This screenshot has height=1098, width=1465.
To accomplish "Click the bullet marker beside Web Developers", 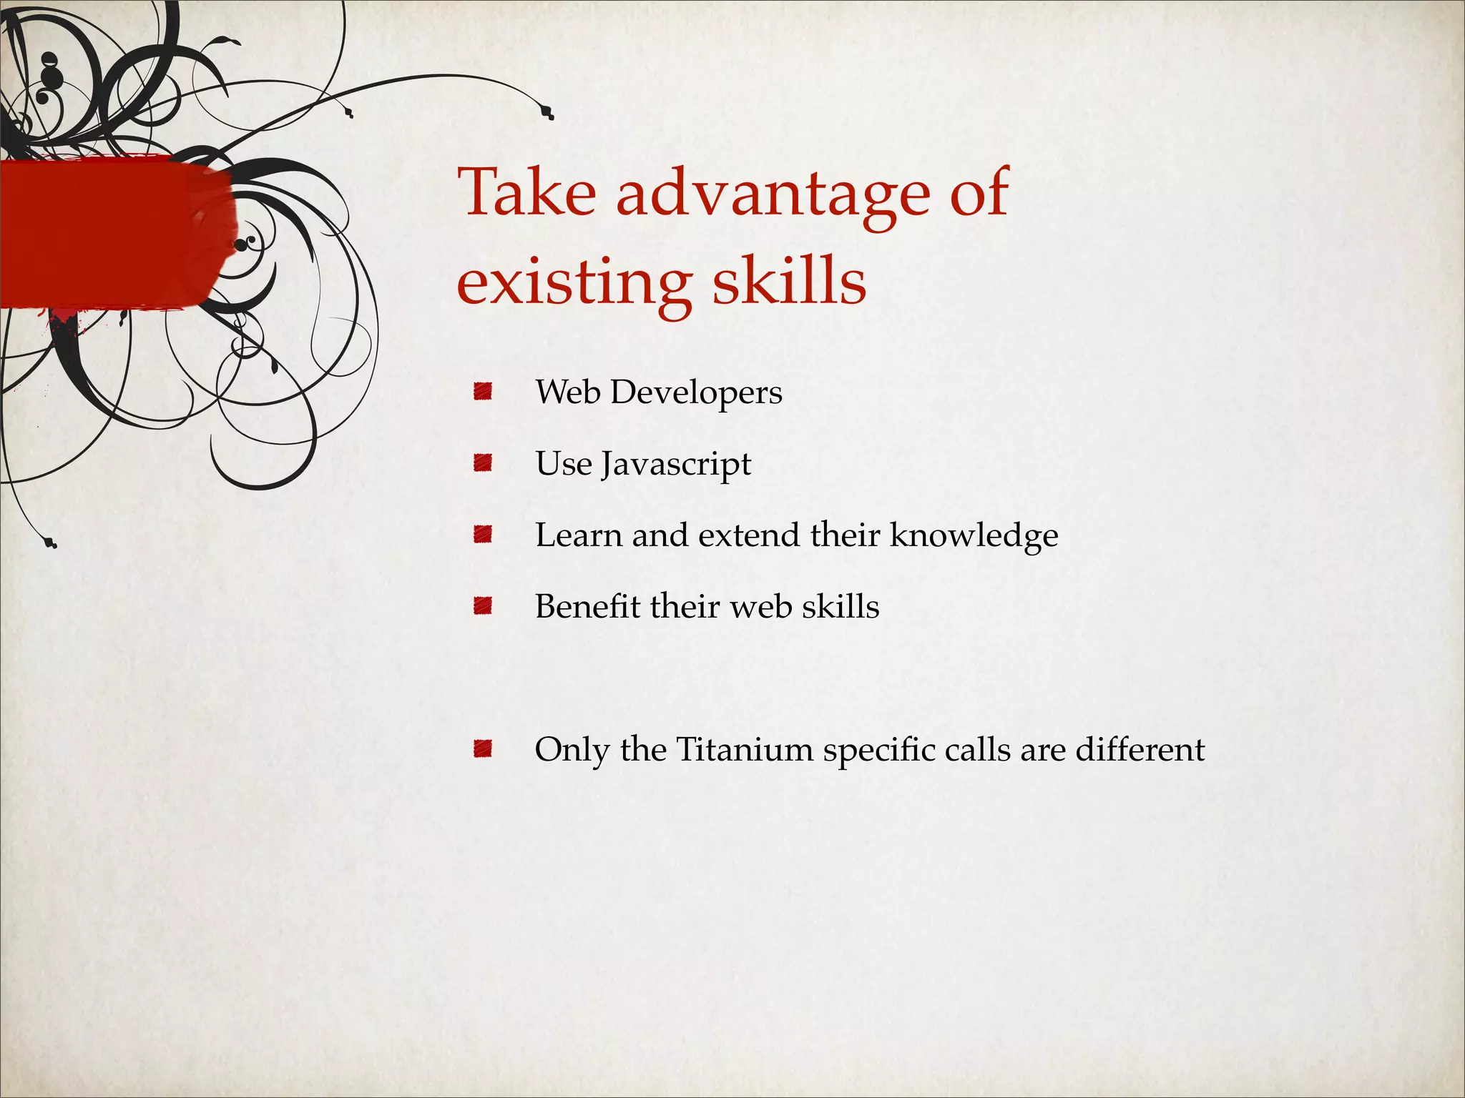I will click(x=483, y=392).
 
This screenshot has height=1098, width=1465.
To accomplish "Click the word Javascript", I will click(x=676, y=465).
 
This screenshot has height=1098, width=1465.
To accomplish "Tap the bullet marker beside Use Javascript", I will click(x=483, y=463).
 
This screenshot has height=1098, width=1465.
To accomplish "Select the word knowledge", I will click(x=974, y=536).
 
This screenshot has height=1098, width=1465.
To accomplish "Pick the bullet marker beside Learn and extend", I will click(x=483, y=535).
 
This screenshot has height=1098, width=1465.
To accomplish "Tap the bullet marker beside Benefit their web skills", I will click(x=483, y=606).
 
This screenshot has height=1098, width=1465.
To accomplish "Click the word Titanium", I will click(x=745, y=749).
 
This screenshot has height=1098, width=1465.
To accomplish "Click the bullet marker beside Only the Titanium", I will click(x=483, y=749).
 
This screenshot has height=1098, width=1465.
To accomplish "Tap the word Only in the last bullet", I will click(x=572, y=751).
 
